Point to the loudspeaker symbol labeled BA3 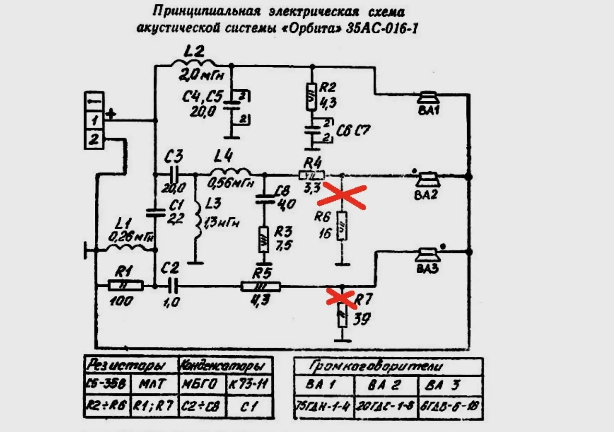[427, 255]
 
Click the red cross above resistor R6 [345, 196]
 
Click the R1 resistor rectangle [125, 286]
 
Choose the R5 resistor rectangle [261, 286]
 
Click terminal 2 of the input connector [94, 140]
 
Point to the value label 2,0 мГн [201, 75]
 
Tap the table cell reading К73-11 [248, 384]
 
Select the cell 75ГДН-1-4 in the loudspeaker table [323, 407]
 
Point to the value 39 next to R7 [362, 319]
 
